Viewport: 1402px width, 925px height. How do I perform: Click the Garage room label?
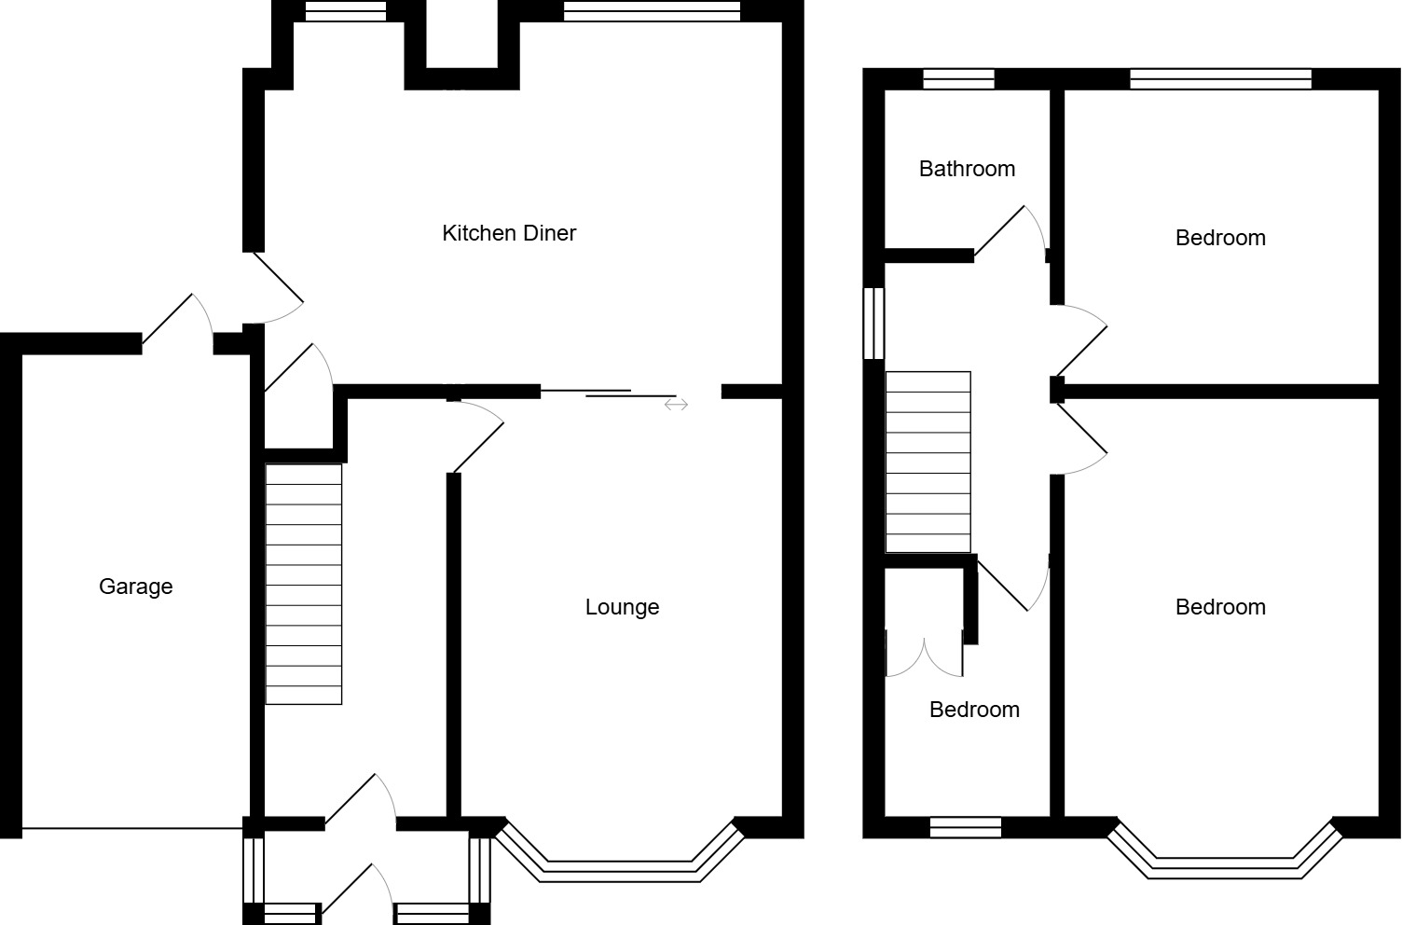135,587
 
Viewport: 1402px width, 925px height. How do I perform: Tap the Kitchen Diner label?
509,233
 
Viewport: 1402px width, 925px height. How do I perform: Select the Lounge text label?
622,607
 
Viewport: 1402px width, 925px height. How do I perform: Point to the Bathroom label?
967,169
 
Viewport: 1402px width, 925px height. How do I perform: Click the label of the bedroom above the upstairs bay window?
1220,607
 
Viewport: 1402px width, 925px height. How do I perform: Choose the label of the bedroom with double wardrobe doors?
974,710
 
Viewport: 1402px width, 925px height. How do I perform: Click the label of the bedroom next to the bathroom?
1220,238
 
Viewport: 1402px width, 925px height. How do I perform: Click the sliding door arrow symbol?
677,405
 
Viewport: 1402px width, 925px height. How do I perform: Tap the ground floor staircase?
304,584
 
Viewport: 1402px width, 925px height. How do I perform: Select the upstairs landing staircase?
928,462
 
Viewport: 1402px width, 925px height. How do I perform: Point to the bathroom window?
958,79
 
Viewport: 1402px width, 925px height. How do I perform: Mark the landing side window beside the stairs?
873,323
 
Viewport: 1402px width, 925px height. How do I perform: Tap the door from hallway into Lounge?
477,435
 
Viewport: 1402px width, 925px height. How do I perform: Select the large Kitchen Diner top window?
652,11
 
